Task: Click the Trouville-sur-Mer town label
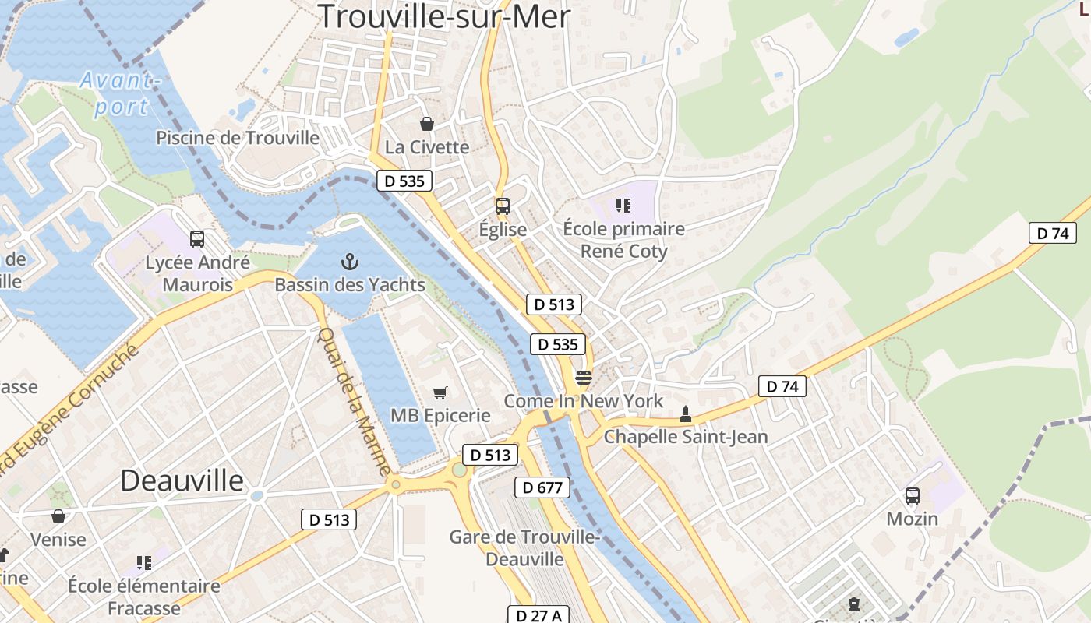tap(444, 16)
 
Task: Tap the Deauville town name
tap(182, 480)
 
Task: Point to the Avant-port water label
tap(122, 93)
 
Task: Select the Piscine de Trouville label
tap(238, 138)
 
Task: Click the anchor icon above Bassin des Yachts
tap(349, 261)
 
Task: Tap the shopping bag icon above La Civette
tap(427, 124)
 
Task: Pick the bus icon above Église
tap(503, 206)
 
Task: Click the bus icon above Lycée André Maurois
tap(197, 239)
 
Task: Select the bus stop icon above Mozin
tap(912, 495)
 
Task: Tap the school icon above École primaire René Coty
tap(623, 206)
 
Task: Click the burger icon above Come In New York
tap(584, 378)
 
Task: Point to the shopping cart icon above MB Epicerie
tap(440, 392)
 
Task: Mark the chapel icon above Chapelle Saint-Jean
tap(686, 414)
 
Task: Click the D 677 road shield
tap(542, 488)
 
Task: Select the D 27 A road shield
tap(538, 615)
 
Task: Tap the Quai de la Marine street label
tap(355, 402)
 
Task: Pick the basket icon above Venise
tap(58, 516)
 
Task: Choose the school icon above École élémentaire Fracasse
tap(144, 562)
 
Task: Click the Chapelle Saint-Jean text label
tap(686, 437)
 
